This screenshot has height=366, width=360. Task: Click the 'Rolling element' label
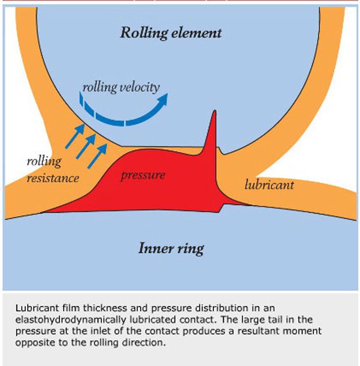(171, 33)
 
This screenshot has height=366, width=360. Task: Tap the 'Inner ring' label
(171, 249)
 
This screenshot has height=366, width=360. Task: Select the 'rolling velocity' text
(121, 87)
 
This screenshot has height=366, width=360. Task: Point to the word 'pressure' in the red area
(143, 175)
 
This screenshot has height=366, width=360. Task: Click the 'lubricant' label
(269, 184)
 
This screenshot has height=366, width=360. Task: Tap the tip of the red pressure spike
(214, 112)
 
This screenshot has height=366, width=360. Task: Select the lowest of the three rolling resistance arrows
(97, 156)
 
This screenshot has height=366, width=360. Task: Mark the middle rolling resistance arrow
(86, 146)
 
